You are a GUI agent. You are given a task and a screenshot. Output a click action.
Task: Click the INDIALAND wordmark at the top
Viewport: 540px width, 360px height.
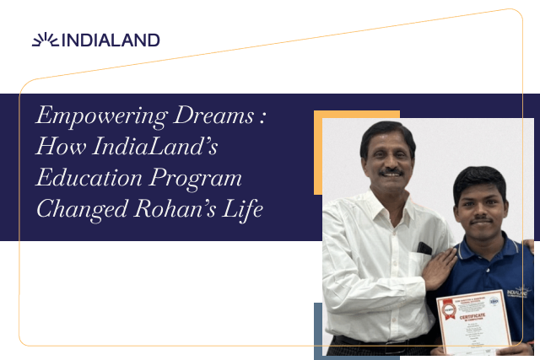[111, 40]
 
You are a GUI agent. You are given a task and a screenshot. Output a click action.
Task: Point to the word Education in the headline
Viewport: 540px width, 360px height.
[85, 178]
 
